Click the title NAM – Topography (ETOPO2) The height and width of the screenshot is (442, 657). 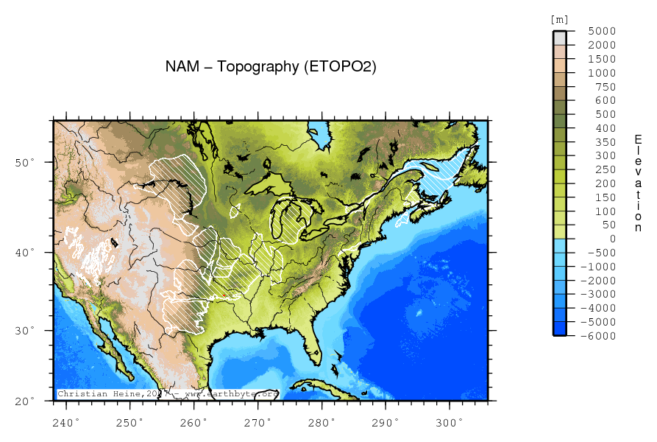[271, 67]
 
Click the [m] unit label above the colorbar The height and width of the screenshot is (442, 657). [559, 19]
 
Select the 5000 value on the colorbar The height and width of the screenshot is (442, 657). [601, 32]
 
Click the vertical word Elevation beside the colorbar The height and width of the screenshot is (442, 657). [638, 183]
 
